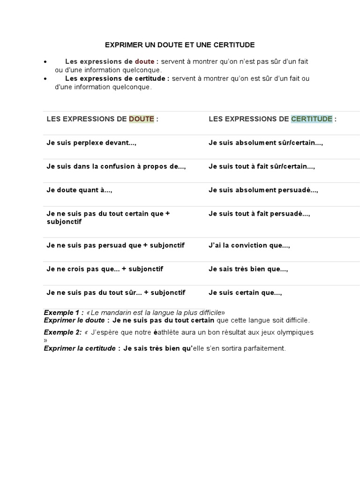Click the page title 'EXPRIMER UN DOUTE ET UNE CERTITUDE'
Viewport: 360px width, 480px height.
point(180,45)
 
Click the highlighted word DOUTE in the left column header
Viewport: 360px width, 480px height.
point(142,119)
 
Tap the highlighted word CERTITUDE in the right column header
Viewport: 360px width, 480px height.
point(312,119)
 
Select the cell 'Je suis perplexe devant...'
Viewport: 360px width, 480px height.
point(91,142)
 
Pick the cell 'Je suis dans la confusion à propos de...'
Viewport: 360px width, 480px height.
point(116,166)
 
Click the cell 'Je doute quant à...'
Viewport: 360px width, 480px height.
point(79,190)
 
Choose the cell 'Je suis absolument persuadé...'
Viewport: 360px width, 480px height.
point(263,190)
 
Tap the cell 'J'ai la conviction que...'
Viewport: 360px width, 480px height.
point(249,245)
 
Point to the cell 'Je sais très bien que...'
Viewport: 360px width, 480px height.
point(248,269)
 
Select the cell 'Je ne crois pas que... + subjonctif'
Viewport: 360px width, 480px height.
point(105,269)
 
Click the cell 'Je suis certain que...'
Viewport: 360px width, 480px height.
point(245,292)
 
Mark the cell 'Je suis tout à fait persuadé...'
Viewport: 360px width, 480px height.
point(259,214)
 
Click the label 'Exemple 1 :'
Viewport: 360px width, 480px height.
point(64,312)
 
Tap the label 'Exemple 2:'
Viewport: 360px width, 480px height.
point(63,332)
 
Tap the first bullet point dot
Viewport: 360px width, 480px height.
point(45,62)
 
